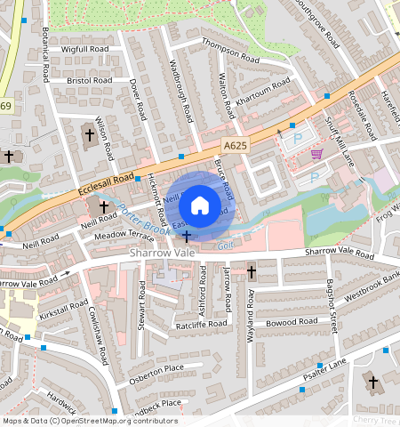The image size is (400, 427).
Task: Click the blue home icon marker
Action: click(x=200, y=205)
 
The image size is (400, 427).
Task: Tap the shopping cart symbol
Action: click(x=317, y=153)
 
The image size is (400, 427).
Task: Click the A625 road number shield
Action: click(x=235, y=142)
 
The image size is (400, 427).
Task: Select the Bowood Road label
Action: click(x=291, y=321)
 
